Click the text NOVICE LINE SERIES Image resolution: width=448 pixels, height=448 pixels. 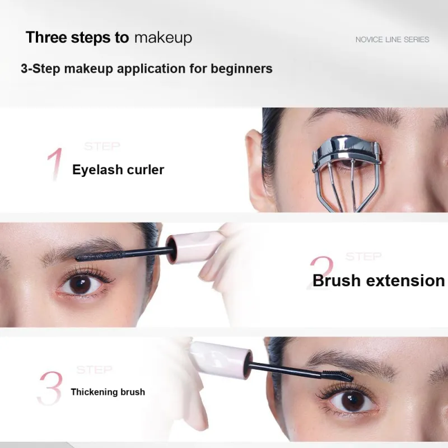[x=393, y=39]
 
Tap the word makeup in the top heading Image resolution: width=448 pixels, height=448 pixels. [x=163, y=38]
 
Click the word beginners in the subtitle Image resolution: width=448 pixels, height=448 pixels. [x=241, y=69]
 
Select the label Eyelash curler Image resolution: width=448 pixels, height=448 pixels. [x=118, y=170]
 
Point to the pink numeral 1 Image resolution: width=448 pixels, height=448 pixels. [x=55, y=165]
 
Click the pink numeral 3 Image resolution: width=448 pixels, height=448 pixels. [x=50, y=388]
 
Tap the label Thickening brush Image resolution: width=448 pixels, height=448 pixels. [x=108, y=391]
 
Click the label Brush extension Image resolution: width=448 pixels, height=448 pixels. [x=379, y=281]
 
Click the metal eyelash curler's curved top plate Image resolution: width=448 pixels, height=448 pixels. [x=346, y=147]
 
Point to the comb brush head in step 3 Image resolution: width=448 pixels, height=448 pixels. [x=337, y=375]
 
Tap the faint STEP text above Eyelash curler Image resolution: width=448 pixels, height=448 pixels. [x=102, y=146]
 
